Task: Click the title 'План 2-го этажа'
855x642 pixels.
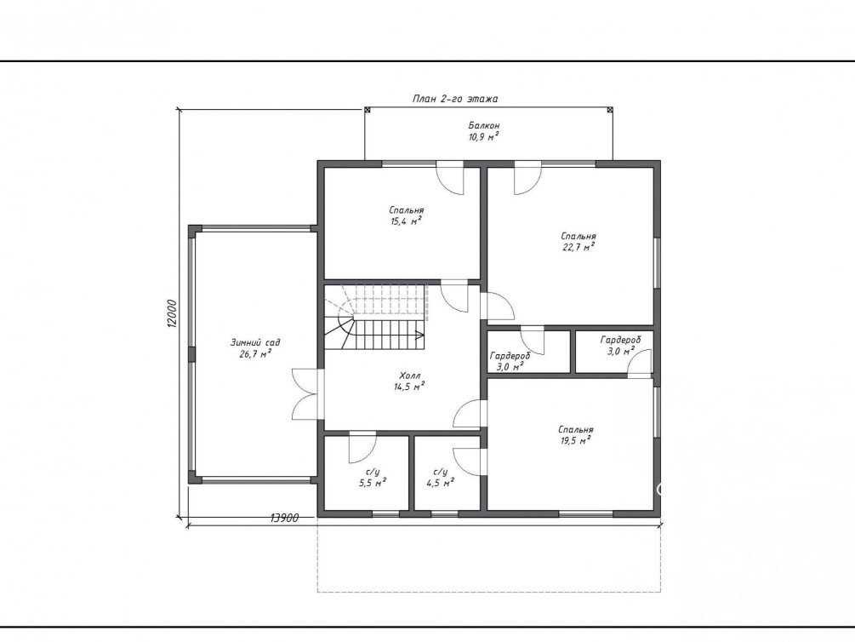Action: (x=455, y=99)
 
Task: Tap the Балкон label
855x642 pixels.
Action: (x=484, y=125)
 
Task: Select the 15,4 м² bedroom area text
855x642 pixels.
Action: (x=407, y=221)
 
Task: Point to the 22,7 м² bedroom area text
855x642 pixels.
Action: (x=578, y=247)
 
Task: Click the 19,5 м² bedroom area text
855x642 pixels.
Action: (x=576, y=441)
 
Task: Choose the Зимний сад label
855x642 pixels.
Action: (x=255, y=343)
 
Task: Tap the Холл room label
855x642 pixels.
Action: (x=409, y=375)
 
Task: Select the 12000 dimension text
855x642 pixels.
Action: (x=173, y=312)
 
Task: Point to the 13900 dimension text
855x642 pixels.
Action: (x=284, y=518)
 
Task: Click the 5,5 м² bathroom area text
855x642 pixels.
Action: (x=373, y=483)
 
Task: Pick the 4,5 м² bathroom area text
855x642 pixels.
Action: (x=440, y=483)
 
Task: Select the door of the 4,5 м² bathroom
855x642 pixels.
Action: (x=468, y=461)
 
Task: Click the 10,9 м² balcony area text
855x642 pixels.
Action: (x=484, y=137)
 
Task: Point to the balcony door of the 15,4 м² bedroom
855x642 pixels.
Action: (x=450, y=178)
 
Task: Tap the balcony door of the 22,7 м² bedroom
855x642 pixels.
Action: (x=527, y=178)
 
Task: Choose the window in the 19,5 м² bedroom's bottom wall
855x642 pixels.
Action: (x=586, y=513)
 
